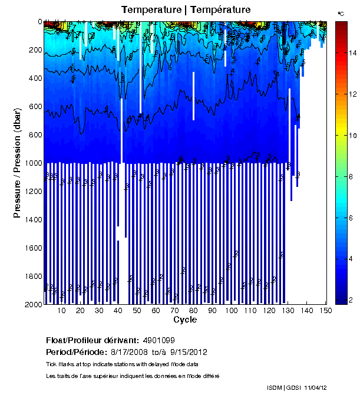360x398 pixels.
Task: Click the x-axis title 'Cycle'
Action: (185, 320)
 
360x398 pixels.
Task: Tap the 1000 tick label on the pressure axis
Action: (30, 163)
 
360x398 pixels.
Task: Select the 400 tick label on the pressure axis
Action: (32, 78)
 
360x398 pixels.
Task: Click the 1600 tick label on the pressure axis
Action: (30, 248)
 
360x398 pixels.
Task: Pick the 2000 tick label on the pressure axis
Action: (30, 304)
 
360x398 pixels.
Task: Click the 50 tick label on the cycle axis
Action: (137, 311)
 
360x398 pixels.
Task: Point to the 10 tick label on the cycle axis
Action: (62, 311)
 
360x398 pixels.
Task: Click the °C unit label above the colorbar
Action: (341, 13)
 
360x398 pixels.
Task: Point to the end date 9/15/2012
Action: (189, 352)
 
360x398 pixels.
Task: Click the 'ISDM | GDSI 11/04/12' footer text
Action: (297, 388)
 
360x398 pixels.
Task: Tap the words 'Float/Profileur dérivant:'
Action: (92, 341)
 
